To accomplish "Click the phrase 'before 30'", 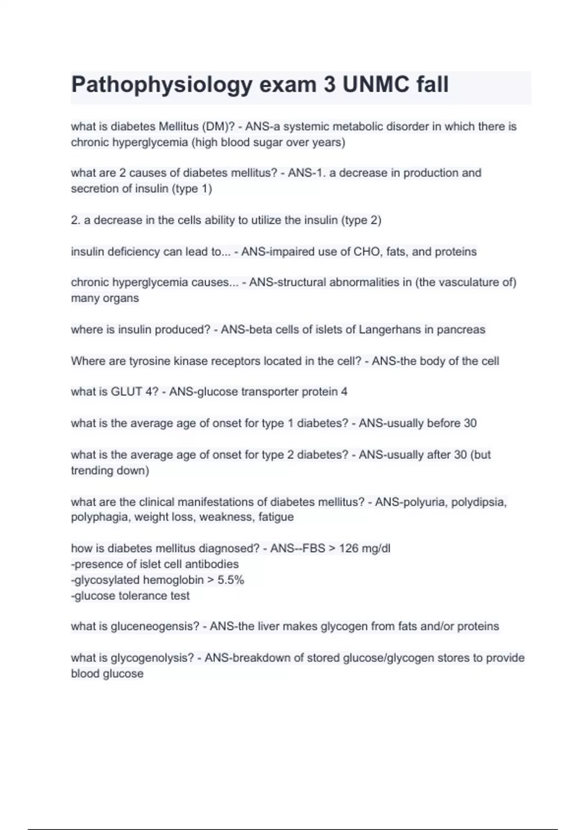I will [x=452, y=423].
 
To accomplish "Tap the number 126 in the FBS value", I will [x=349, y=549].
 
